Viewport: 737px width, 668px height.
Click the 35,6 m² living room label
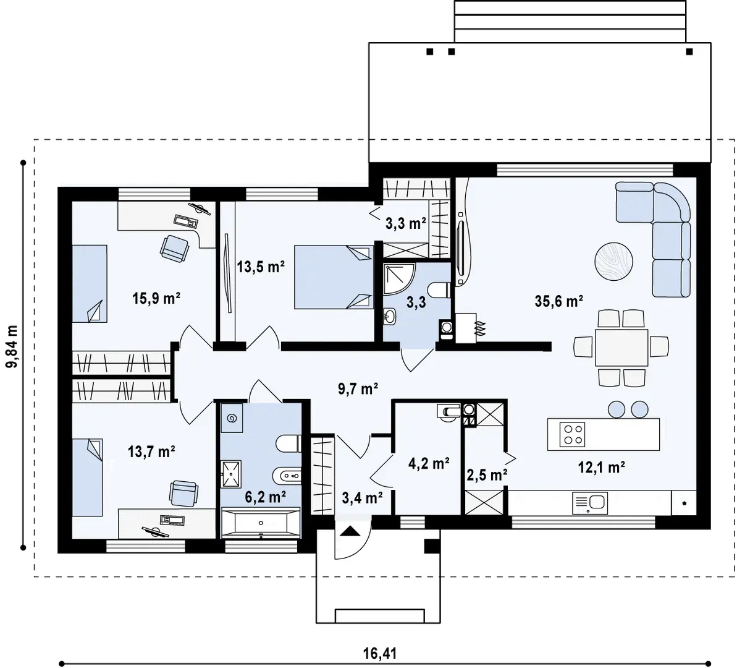point(559,301)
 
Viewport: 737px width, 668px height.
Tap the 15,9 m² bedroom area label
point(156,298)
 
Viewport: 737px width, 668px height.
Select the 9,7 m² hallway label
point(358,388)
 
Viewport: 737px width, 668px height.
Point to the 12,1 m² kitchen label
point(601,467)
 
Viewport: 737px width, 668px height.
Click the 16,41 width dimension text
point(380,653)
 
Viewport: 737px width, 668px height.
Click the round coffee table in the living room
point(613,262)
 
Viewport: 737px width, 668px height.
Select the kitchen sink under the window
point(590,503)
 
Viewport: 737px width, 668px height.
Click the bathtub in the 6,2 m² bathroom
point(261,522)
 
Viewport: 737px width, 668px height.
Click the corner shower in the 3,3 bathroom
point(398,279)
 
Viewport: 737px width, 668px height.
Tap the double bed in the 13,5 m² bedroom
point(333,277)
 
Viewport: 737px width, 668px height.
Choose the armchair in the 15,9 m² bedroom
point(174,249)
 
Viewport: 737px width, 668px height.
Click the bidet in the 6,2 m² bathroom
point(290,476)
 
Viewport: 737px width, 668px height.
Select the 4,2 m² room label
point(429,464)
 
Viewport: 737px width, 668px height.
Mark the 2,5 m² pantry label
point(486,476)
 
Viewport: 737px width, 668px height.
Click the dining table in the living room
point(621,348)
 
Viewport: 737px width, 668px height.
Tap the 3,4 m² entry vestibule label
point(362,497)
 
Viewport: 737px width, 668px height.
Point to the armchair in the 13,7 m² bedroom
point(183,494)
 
